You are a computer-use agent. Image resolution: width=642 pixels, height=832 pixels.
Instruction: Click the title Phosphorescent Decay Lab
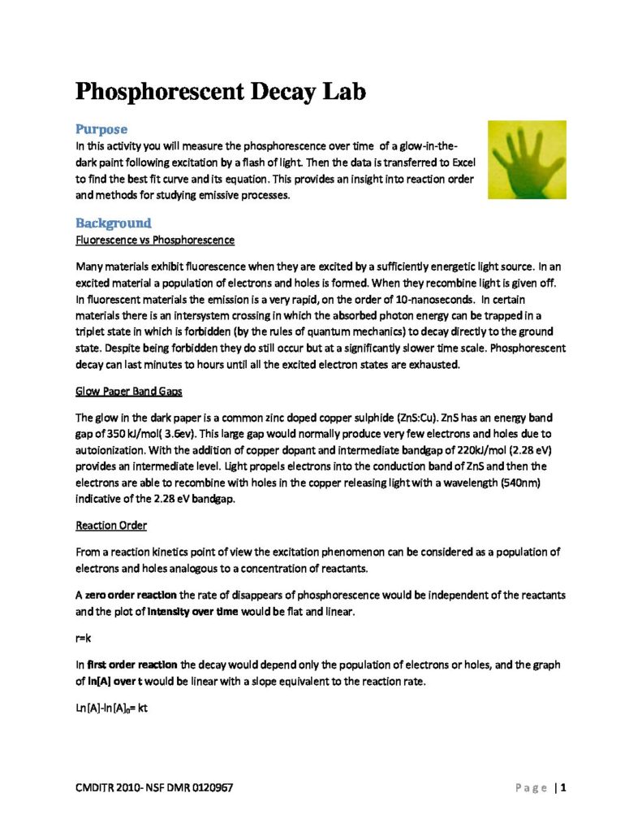(x=220, y=91)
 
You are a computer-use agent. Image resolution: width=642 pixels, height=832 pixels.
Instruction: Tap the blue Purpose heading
(x=101, y=129)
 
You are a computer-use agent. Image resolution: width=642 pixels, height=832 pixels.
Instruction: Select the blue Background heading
(x=113, y=223)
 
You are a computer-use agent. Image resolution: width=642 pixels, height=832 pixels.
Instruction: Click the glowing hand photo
(x=527, y=160)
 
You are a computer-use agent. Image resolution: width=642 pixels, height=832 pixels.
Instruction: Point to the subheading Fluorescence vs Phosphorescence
(x=155, y=240)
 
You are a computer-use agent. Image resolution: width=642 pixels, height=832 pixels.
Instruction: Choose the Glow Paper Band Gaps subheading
(x=128, y=392)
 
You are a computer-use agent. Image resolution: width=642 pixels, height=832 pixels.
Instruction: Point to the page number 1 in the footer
(x=562, y=788)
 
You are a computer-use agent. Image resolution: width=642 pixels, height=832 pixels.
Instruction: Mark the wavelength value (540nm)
(x=516, y=484)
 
